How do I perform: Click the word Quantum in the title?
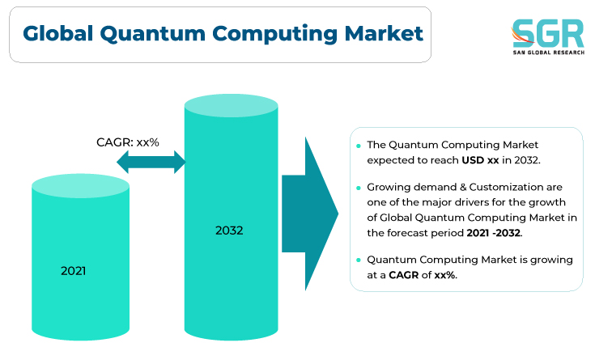[x=152, y=34]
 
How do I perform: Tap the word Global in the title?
[x=57, y=33]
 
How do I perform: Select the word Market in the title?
[x=384, y=33]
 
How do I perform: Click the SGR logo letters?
[x=547, y=33]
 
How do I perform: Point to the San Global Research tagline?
[x=549, y=53]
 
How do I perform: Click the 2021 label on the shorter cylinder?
[x=73, y=271]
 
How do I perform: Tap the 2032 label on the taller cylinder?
[x=229, y=231]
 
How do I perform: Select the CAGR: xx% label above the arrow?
[x=128, y=142]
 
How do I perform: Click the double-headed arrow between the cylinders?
[x=151, y=162]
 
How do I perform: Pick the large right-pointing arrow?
[x=310, y=214]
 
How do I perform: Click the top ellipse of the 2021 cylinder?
[x=80, y=186]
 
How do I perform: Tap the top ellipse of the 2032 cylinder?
[x=231, y=105]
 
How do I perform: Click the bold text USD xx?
[x=480, y=160]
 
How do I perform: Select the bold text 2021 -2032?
[x=494, y=233]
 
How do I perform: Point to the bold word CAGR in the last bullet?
[x=403, y=275]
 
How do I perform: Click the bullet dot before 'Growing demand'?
[x=359, y=188]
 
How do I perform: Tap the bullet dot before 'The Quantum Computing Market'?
[x=359, y=146]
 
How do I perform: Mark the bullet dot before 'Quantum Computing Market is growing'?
[x=359, y=260]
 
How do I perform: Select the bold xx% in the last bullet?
[x=444, y=275]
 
